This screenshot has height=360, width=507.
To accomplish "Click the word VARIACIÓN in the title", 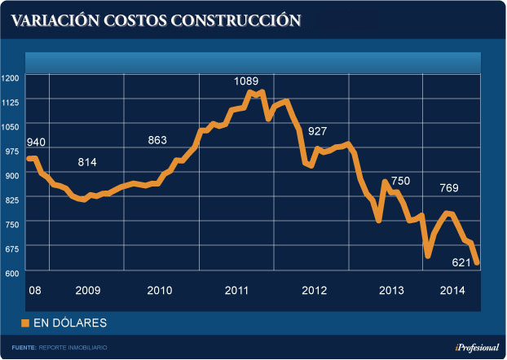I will tap(51, 20).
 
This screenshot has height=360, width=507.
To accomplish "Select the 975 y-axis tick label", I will tap(12, 151).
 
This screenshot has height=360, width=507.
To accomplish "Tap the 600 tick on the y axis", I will tap(12, 273).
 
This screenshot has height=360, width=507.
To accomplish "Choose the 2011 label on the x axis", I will tap(237, 291).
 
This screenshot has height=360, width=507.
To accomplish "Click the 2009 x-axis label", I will tap(87, 291).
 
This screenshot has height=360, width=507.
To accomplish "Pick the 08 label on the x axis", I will tap(34, 291).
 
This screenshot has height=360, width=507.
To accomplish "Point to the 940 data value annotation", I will tap(35, 143).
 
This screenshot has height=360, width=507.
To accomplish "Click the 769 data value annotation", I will tap(449, 189).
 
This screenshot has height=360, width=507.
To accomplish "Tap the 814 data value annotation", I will tap(87, 163).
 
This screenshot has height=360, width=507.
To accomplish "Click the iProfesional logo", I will tap(477, 348).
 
